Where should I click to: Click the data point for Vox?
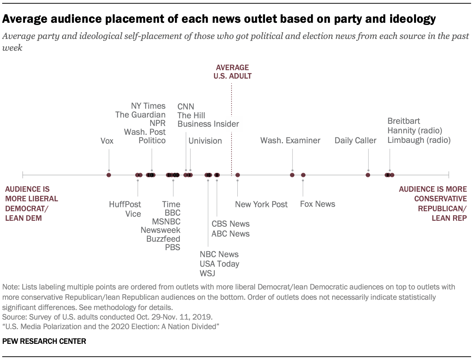(109, 175)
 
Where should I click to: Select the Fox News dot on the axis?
(303, 175)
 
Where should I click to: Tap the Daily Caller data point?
(368, 175)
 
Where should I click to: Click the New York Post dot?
(238, 175)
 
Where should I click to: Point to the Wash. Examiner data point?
(292, 175)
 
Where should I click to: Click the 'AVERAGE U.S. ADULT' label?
(232, 72)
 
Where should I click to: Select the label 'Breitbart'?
(403, 121)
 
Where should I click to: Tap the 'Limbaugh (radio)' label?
(419, 140)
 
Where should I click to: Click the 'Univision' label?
(205, 141)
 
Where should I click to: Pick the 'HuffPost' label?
(125, 204)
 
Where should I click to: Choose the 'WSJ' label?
(207, 273)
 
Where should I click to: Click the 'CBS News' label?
(230, 224)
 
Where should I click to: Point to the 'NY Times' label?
(148, 106)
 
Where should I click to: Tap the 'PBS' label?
(172, 247)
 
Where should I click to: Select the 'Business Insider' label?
(208, 124)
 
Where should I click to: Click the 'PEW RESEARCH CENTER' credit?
(44, 341)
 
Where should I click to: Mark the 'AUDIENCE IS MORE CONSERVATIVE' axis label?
(433, 194)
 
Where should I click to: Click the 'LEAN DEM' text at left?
(24, 218)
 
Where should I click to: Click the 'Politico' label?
(152, 141)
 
